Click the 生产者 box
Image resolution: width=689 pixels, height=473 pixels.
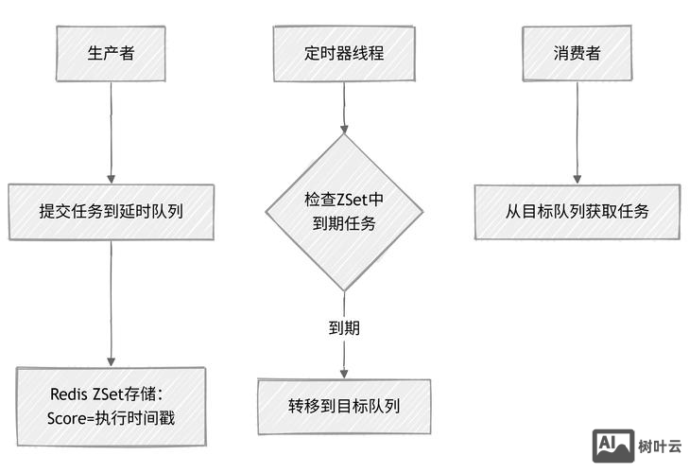click(x=111, y=52)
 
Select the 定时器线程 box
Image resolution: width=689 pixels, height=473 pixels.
click(x=344, y=53)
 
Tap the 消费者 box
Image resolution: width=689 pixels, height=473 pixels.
click(x=577, y=53)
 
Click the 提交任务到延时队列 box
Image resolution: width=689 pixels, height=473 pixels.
click(x=111, y=212)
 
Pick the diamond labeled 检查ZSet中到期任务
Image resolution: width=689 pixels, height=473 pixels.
click(x=343, y=212)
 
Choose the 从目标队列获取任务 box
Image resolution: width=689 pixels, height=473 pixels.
click(x=577, y=211)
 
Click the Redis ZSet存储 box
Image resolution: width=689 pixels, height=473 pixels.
click(x=111, y=406)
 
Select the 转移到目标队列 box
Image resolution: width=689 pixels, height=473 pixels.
click(x=344, y=407)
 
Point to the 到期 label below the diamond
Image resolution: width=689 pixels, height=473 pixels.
click(x=344, y=329)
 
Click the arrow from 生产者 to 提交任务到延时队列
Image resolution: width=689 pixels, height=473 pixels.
click(x=112, y=132)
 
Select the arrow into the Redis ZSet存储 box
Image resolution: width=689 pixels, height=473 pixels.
click(x=112, y=303)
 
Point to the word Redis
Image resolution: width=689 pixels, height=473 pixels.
click(x=69, y=394)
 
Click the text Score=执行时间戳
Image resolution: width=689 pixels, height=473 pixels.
click(x=111, y=418)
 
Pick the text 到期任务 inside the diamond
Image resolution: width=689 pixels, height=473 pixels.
click(x=344, y=224)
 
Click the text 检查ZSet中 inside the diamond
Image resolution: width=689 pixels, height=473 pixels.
click(x=344, y=200)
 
